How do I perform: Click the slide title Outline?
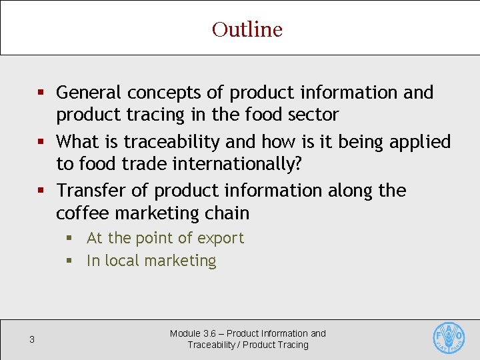pos(247,29)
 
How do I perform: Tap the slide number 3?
pos(32,340)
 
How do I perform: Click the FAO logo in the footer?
pos(449,339)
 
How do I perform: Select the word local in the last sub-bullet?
pos(127,261)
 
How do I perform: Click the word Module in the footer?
pos(185,333)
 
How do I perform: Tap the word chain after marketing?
pos(229,213)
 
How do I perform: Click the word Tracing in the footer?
pos(293,345)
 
